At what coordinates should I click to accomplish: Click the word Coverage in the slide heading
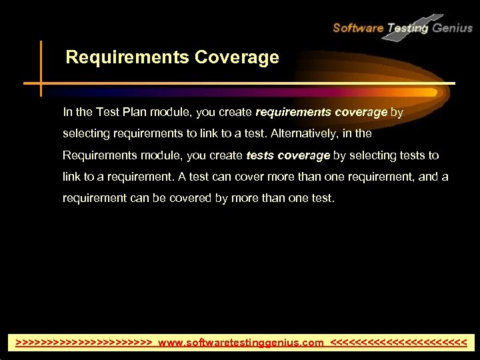[x=237, y=58]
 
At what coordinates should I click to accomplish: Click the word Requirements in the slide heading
[x=127, y=58]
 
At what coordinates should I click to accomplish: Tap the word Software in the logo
[x=358, y=27]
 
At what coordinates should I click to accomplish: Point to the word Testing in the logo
[x=408, y=28]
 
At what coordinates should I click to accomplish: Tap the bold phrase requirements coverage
[x=321, y=112]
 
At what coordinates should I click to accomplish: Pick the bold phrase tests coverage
[x=288, y=155]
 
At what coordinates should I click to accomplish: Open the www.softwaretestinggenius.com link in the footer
[x=240, y=342]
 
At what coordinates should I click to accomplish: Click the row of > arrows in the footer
[x=84, y=342]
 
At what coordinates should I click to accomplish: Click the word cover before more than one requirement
[x=250, y=177]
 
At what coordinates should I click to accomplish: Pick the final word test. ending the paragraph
[x=320, y=198]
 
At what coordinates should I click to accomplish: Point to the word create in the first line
[x=232, y=112]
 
